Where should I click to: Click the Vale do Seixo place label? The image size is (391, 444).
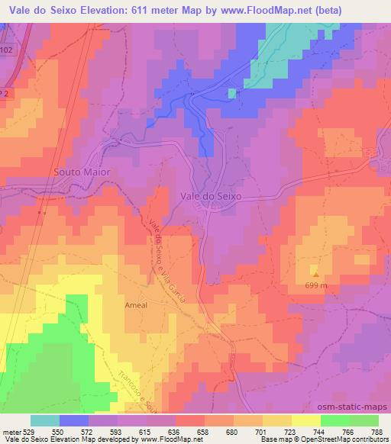(211, 196)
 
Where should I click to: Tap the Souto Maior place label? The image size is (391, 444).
(82, 172)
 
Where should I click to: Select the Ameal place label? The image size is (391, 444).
(135, 304)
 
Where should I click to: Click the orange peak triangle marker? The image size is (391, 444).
(314, 272)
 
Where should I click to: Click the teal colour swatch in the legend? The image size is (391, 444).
(44, 420)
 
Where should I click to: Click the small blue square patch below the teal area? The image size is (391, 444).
(231, 93)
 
